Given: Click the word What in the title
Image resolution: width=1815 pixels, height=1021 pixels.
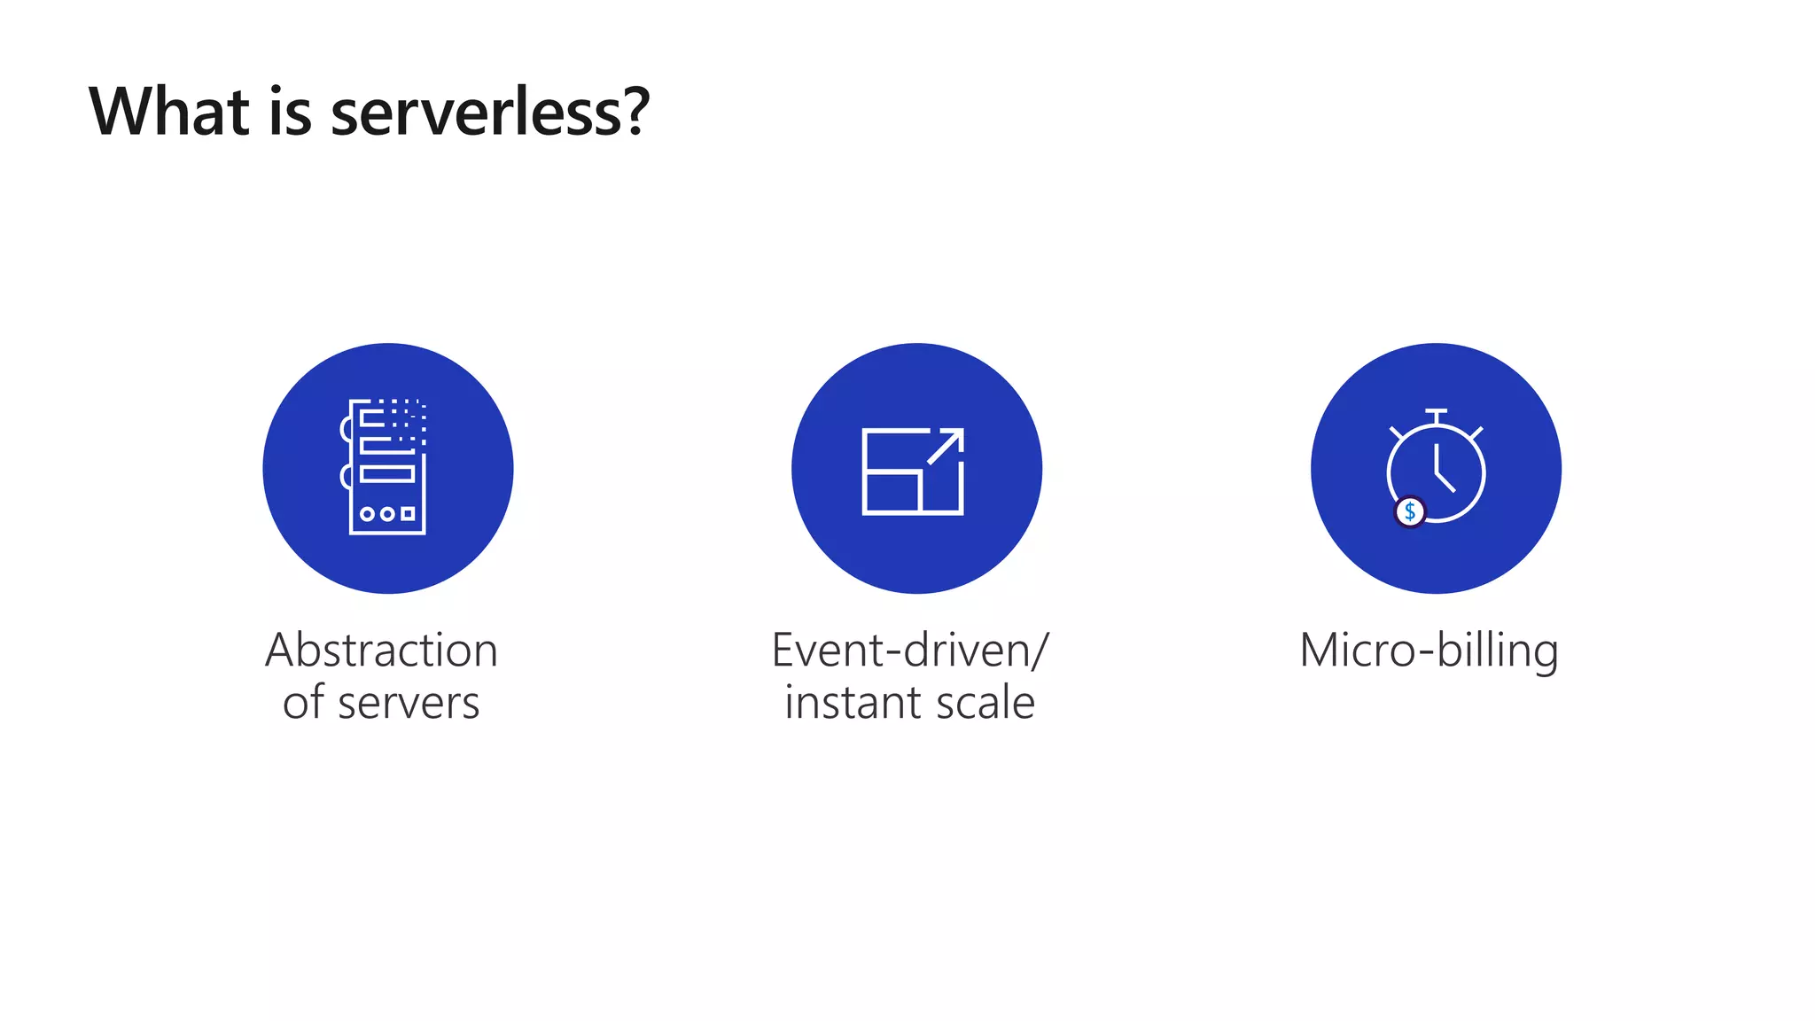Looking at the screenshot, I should [x=169, y=112].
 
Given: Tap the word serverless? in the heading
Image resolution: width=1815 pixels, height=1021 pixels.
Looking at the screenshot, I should [x=490, y=113].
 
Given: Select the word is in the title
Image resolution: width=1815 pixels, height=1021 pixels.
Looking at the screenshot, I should [x=290, y=112].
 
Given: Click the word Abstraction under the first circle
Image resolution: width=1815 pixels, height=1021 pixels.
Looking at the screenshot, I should [x=381, y=651].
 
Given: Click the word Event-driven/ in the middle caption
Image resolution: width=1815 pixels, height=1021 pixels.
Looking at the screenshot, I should [x=910, y=651].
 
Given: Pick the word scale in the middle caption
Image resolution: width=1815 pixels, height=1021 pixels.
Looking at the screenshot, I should [x=985, y=703].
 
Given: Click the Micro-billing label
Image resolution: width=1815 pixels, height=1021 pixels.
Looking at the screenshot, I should [x=1429, y=651].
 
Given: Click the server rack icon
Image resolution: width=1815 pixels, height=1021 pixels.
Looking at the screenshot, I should [x=386, y=467].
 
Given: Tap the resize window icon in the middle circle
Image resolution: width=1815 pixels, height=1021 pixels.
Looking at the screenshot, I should [x=913, y=471].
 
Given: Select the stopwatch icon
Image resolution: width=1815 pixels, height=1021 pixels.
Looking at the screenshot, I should [x=1436, y=467].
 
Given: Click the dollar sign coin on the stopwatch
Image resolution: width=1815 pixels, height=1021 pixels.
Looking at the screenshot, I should [x=1410, y=511].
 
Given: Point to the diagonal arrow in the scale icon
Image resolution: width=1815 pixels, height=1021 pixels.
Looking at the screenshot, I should [x=946, y=446].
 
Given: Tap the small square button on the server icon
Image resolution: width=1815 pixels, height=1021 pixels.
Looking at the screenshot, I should [x=408, y=514].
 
